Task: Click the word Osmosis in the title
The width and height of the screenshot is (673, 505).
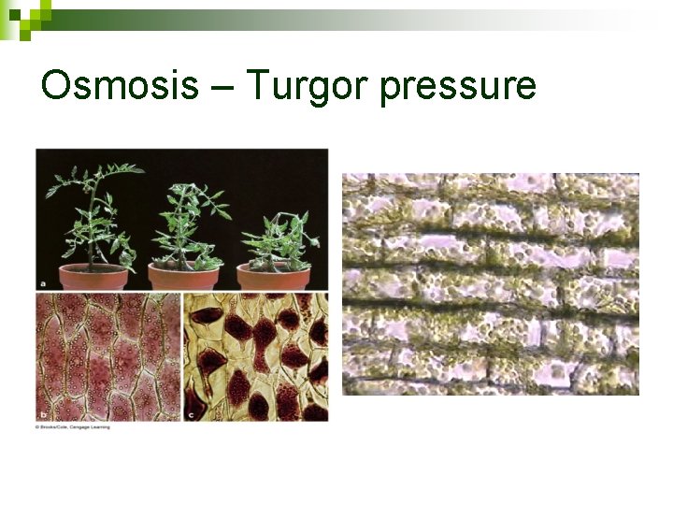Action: click(120, 86)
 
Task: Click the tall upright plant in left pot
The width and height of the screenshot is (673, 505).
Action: click(93, 210)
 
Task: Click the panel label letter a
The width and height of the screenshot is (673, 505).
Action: click(43, 281)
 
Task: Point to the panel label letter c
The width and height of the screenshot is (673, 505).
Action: click(192, 412)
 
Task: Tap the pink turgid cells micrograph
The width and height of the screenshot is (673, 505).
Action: click(107, 355)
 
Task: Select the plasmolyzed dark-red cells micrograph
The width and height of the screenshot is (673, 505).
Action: click(255, 355)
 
